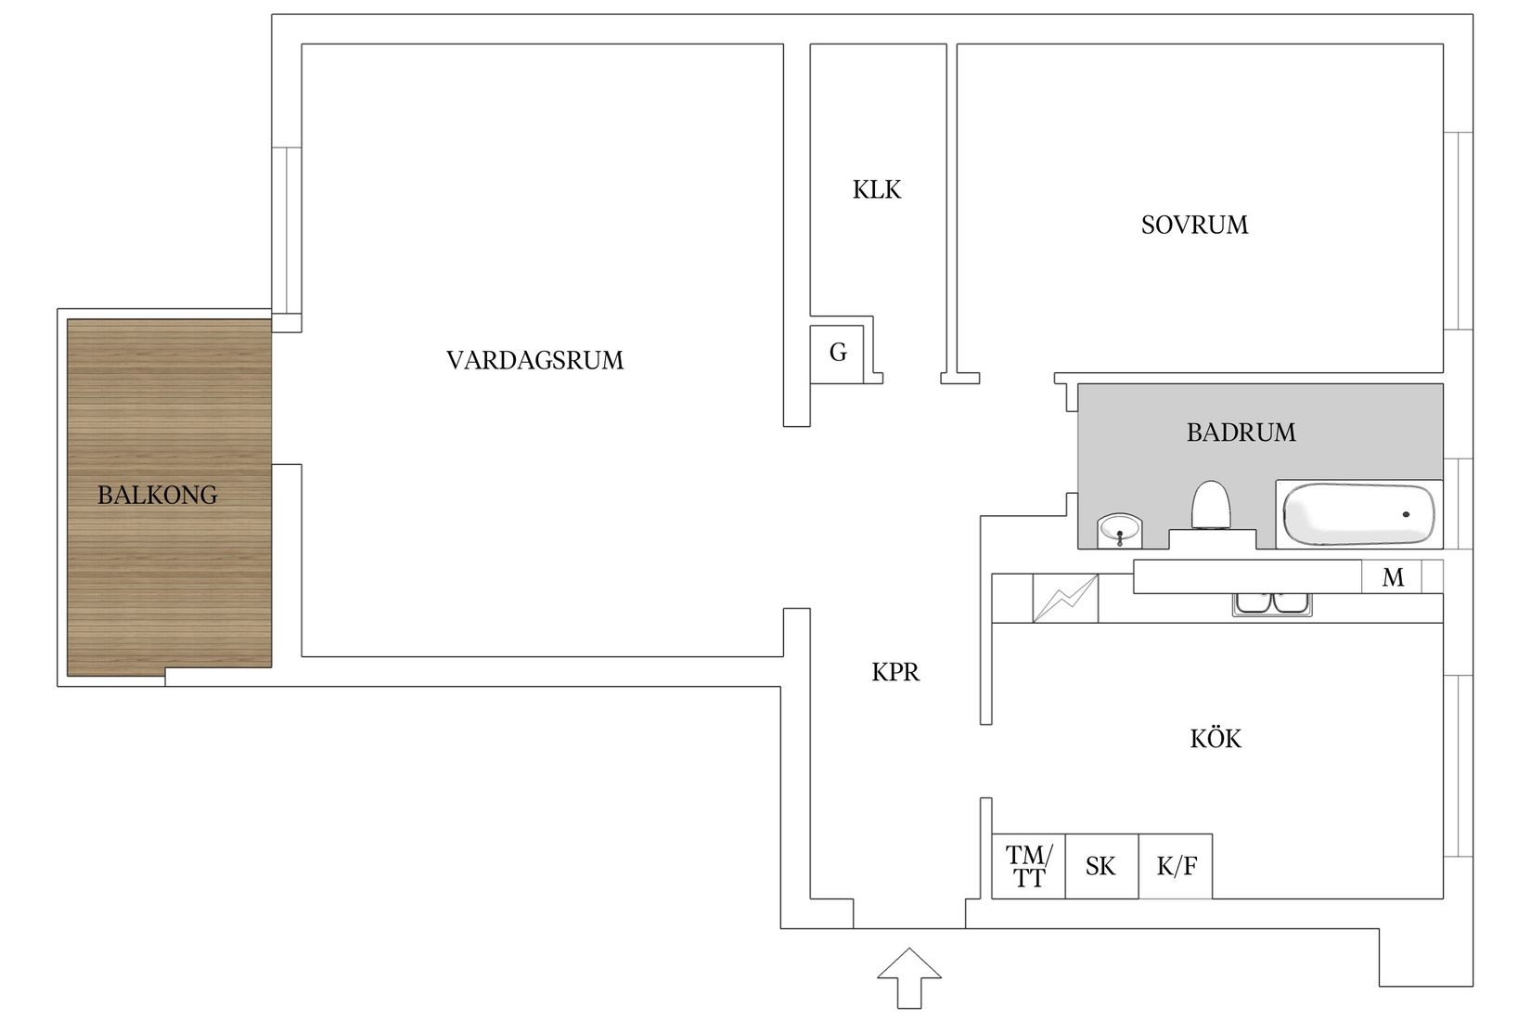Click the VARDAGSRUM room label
534,360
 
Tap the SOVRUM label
1194,225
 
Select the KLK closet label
877,190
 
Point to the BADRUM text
1241,433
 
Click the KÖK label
1215,739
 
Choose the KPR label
895,672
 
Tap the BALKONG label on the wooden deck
158,496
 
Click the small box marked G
838,353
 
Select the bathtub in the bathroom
1357,514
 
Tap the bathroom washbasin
1120,532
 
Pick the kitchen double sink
1272,604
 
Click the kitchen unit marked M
1393,577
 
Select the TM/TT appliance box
1029,867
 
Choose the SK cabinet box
1101,867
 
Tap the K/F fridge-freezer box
1176,867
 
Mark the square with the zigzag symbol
1065,599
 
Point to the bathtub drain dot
1406,514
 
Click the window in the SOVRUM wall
1459,230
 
